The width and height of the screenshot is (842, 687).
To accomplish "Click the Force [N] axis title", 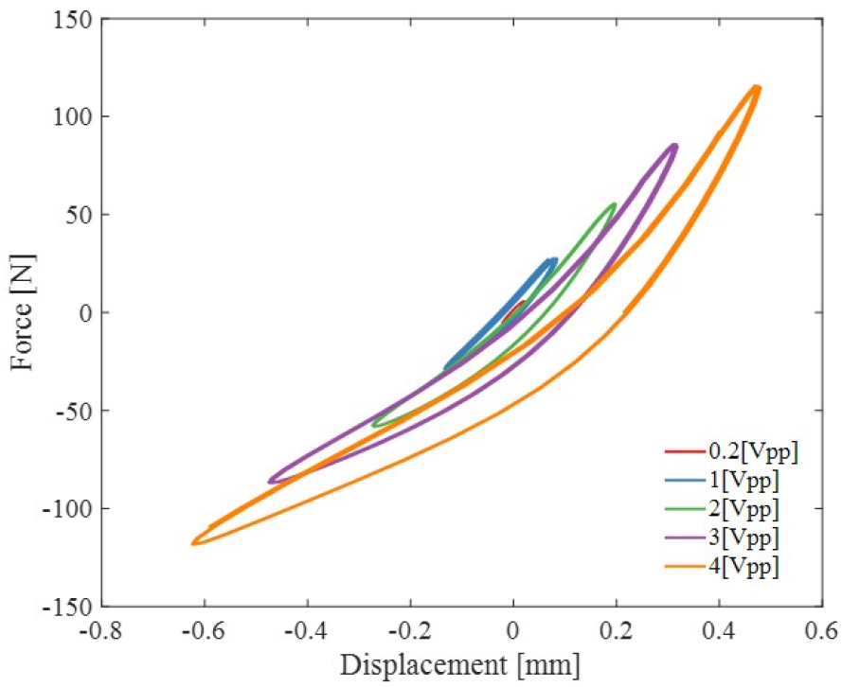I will [x=23, y=312].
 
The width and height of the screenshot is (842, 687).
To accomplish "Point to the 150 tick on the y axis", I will [x=74, y=20].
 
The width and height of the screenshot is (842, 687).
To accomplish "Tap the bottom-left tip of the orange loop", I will [x=194, y=542].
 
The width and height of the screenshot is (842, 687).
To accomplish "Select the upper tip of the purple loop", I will [x=673, y=146].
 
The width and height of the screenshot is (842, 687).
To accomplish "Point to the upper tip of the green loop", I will [x=614, y=204].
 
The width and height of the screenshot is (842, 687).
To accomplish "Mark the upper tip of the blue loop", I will [x=553, y=260].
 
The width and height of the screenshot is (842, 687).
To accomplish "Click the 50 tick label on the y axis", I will [x=79, y=215].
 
